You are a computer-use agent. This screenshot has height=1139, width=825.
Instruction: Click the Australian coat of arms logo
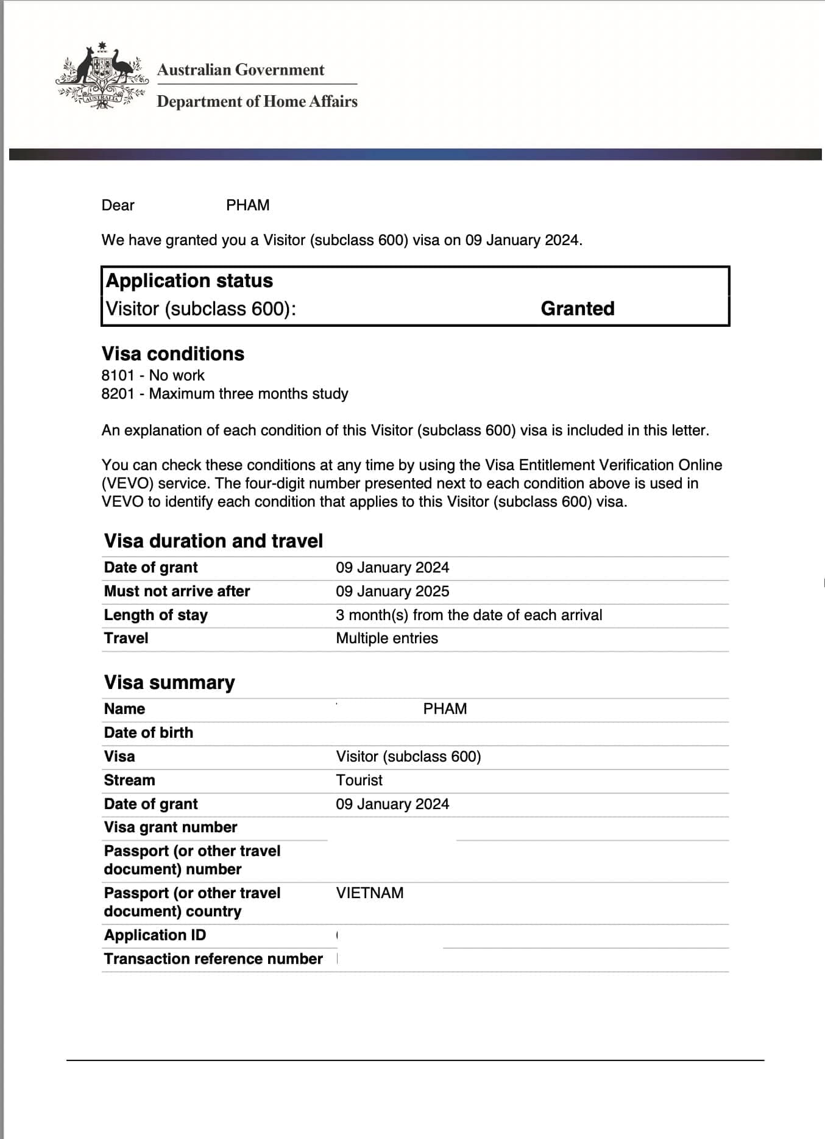tap(102, 76)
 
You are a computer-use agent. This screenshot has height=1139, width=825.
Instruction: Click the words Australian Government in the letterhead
tap(241, 70)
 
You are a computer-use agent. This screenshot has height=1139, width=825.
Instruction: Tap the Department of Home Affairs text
tap(257, 101)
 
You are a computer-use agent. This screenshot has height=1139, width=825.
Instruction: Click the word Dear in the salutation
tap(118, 205)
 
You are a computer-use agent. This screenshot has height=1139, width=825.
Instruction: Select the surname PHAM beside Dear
tap(247, 205)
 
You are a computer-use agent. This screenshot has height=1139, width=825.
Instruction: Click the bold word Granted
tap(577, 309)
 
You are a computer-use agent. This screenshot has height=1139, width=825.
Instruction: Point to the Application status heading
tap(189, 280)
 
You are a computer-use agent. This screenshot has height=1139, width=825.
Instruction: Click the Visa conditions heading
tap(173, 354)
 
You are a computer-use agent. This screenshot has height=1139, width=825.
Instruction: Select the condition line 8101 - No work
tap(153, 375)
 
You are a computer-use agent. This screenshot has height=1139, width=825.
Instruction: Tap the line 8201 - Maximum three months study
tap(225, 393)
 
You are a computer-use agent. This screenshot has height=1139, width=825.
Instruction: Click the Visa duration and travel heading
tap(213, 541)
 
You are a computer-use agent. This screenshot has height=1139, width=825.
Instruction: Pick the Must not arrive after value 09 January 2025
tap(392, 591)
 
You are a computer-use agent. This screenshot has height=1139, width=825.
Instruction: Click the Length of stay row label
tap(156, 615)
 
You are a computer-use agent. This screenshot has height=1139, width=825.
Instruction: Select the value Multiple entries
tap(387, 638)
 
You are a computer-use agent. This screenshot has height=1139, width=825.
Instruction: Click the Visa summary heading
tap(169, 682)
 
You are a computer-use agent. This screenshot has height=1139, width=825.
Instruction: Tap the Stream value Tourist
tap(359, 780)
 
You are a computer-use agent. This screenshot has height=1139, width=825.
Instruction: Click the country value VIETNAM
tap(370, 893)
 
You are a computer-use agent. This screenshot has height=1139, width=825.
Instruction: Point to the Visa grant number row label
tap(171, 827)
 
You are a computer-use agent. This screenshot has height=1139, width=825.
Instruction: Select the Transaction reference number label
tap(213, 959)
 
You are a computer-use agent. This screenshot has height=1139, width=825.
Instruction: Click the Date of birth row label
tap(149, 732)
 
